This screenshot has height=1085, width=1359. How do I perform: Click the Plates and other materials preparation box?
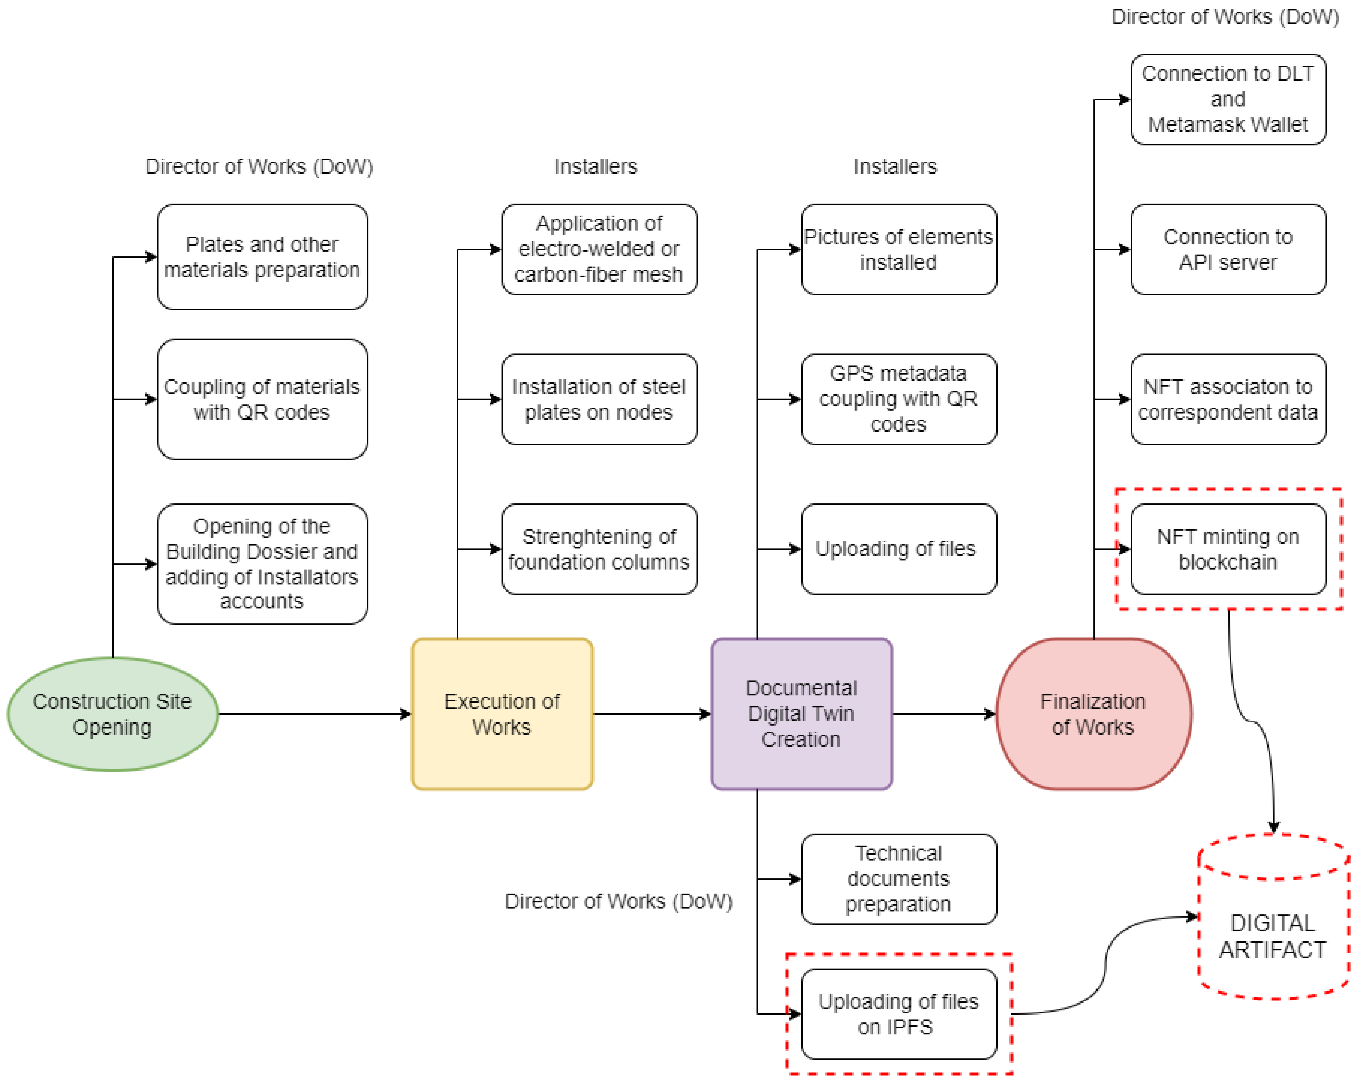262,257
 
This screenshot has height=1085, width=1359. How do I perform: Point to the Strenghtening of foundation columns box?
599,549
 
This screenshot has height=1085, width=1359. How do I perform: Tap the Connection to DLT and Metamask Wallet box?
1228,99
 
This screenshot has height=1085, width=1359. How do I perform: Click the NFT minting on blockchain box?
1228,549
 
